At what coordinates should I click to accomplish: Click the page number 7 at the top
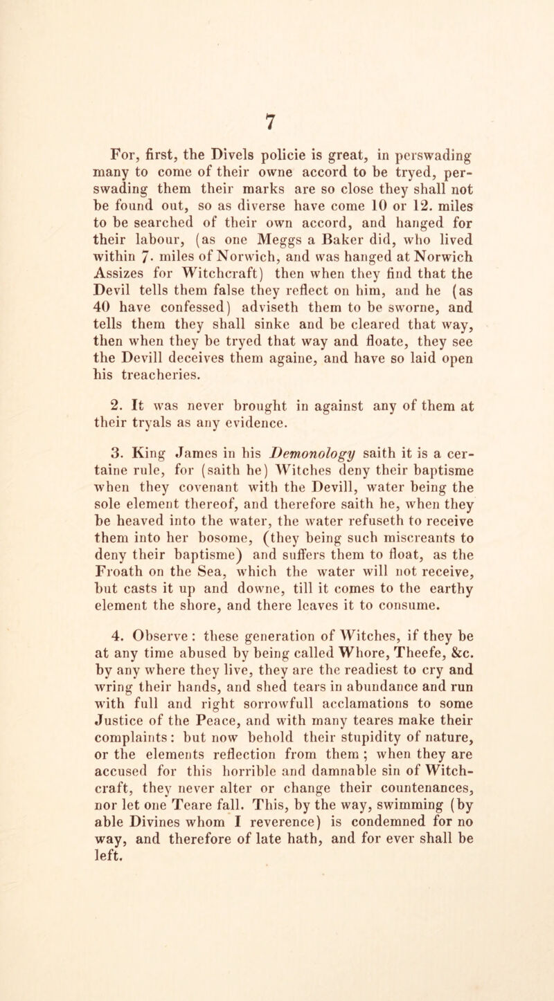(278, 80)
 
